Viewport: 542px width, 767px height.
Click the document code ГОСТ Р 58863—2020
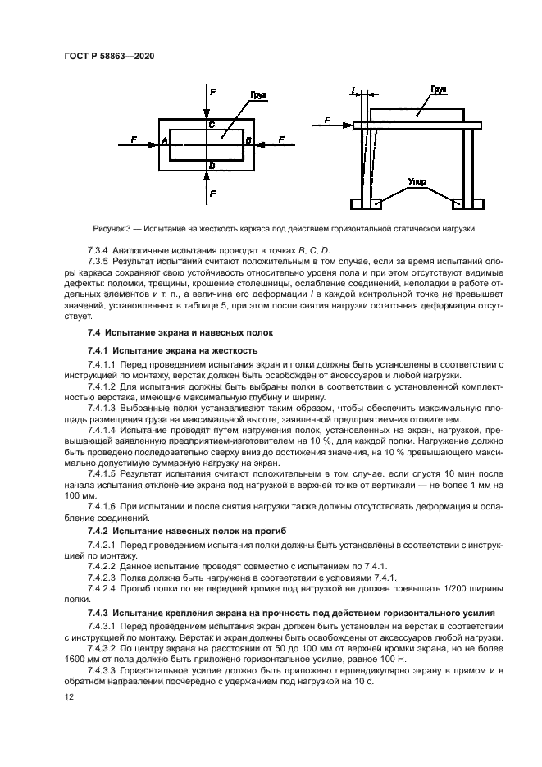pos(109,55)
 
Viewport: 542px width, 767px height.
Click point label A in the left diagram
pos(165,141)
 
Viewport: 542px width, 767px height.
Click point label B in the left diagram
pos(247,141)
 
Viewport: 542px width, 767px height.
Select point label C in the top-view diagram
pos(211,125)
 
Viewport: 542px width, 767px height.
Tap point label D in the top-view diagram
pos(211,166)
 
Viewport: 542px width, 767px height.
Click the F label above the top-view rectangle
pos(213,92)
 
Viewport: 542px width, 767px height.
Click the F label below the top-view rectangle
pos(213,194)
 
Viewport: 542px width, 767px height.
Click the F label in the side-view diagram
pos(326,121)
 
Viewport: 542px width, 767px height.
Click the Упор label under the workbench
pos(417,182)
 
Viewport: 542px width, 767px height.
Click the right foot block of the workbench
pos(468,203)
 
